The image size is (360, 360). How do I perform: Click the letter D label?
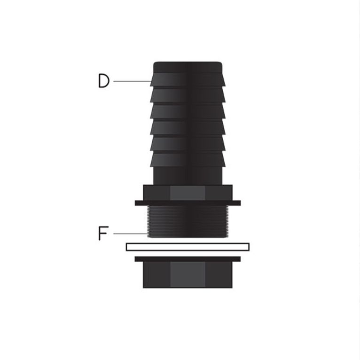tap(103, 81)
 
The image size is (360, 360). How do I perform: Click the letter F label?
tap(103, 234)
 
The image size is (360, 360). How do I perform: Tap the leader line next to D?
tap(132, 81)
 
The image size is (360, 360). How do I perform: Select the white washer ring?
tap(188, 247)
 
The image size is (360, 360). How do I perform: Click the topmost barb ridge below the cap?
tap(188, 79)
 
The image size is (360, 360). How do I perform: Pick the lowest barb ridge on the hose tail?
tap(188, 159)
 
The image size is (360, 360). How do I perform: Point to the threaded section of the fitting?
tap(188, 221)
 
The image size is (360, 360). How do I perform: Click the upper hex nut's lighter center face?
tap(188, 193)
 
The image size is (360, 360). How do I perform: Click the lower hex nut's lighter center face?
tap(188, 274)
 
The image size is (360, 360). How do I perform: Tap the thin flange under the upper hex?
tap(188, 203)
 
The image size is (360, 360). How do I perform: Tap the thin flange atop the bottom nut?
tap(188, 259)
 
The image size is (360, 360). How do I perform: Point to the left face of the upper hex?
tap(156, 193)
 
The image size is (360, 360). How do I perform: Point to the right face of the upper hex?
tap(219, 193)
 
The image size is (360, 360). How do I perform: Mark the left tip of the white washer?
tap(128, 247)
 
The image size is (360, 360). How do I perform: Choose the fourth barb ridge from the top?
tap(188, 127)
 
